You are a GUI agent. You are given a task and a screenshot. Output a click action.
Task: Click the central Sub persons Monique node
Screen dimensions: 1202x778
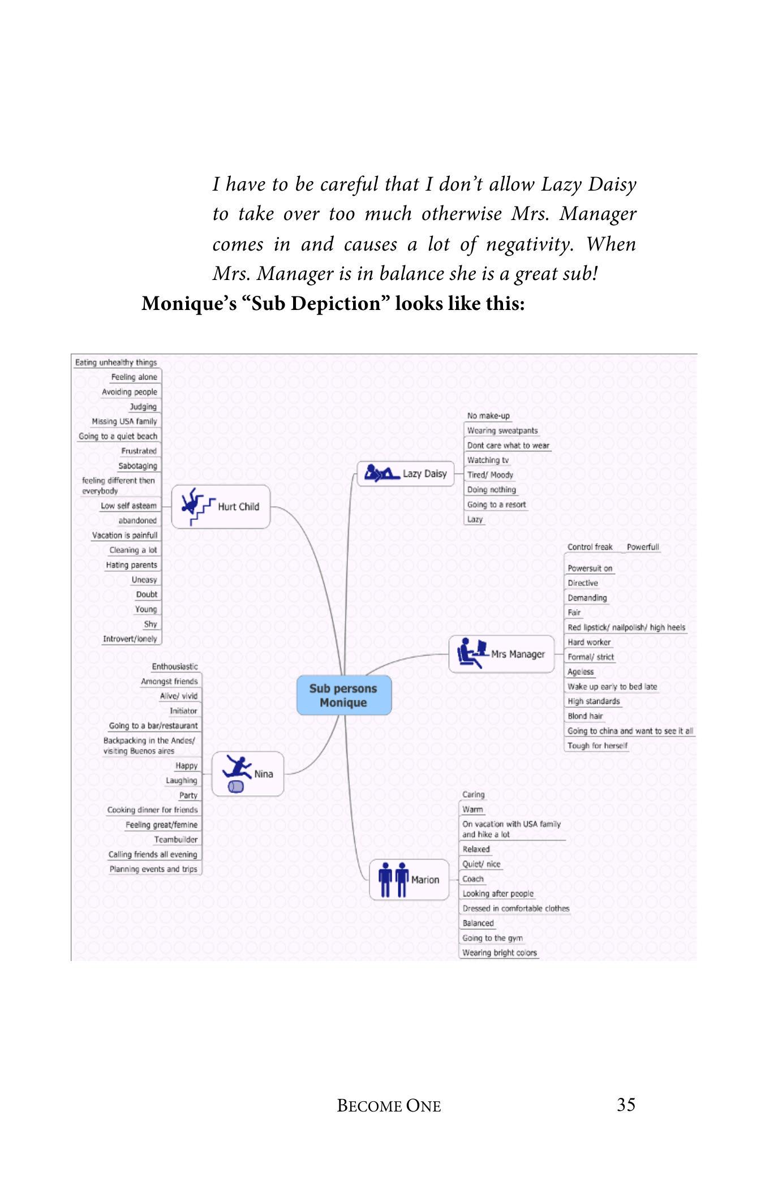point(343,695)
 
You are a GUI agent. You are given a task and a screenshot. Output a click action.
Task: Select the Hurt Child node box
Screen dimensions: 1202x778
point(221,506)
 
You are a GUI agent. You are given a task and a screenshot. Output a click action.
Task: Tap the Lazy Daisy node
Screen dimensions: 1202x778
point(406,473)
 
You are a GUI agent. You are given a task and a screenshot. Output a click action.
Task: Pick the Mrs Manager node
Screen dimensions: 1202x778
point(501,654)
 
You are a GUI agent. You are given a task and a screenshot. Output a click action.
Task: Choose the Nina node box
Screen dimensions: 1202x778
point(248,774)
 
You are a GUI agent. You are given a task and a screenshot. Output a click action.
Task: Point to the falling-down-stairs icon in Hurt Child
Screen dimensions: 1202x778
point(196,505)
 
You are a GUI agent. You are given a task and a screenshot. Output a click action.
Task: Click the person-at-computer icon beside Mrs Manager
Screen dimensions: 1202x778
point(471,653)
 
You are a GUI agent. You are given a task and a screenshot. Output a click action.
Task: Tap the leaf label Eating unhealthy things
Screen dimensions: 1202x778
point(116,363)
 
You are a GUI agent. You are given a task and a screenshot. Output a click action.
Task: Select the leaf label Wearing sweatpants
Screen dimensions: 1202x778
point(502,430)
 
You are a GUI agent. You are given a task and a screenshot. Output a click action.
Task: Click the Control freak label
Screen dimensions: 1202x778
point(590,547)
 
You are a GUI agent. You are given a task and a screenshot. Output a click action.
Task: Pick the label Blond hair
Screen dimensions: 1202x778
point(585,716)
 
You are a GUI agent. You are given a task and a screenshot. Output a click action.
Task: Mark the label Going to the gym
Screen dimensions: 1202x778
point(492,938)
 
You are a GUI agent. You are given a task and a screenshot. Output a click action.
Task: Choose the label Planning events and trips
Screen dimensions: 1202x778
point(153,869)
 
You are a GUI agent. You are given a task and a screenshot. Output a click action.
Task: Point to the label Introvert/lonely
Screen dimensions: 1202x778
point(130,639)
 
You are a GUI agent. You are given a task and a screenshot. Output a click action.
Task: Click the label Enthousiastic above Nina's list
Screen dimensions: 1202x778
point(175,666)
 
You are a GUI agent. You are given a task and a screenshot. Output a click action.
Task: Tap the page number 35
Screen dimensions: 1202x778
point(626,1104)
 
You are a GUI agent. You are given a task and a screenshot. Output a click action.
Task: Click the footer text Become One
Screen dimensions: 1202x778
point(389,1106)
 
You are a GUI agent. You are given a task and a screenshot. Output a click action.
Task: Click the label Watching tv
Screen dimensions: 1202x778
point(488,460)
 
